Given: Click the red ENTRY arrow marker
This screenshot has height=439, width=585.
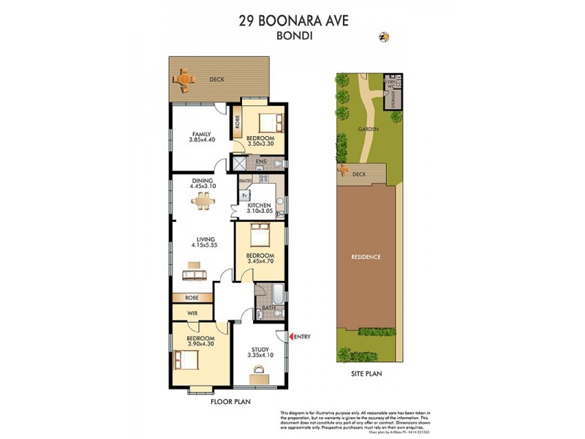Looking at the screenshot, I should (x=293, y=337).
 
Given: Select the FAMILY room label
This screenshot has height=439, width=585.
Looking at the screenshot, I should (x=202, y=134).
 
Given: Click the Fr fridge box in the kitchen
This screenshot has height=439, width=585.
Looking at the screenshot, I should (x=244, y=195).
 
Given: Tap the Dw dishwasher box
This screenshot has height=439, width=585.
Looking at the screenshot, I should (x=279, y=214).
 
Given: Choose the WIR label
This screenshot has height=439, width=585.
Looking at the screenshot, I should (x=192, y=313).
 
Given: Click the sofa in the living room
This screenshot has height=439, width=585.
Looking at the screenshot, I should (x=194, y=274).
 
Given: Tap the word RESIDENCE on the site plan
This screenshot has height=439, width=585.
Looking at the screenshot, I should (x=366, y=257).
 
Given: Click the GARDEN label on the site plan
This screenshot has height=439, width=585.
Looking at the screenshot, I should (x=368, y=129).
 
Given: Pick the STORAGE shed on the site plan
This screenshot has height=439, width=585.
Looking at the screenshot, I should (x=394, y=98).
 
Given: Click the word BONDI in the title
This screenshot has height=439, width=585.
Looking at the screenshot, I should (x=293, y=34).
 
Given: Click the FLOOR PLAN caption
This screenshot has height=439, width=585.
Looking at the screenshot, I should (x=230, y=402).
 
